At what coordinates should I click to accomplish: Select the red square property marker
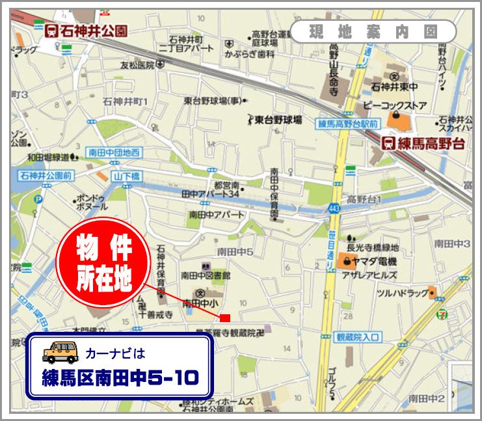[x=225, y=318]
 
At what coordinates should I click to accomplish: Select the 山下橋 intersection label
[x=126, y=176]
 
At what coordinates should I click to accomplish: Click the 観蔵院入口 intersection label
[x=357, y=336]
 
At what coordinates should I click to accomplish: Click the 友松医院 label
[x=137, y=64]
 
